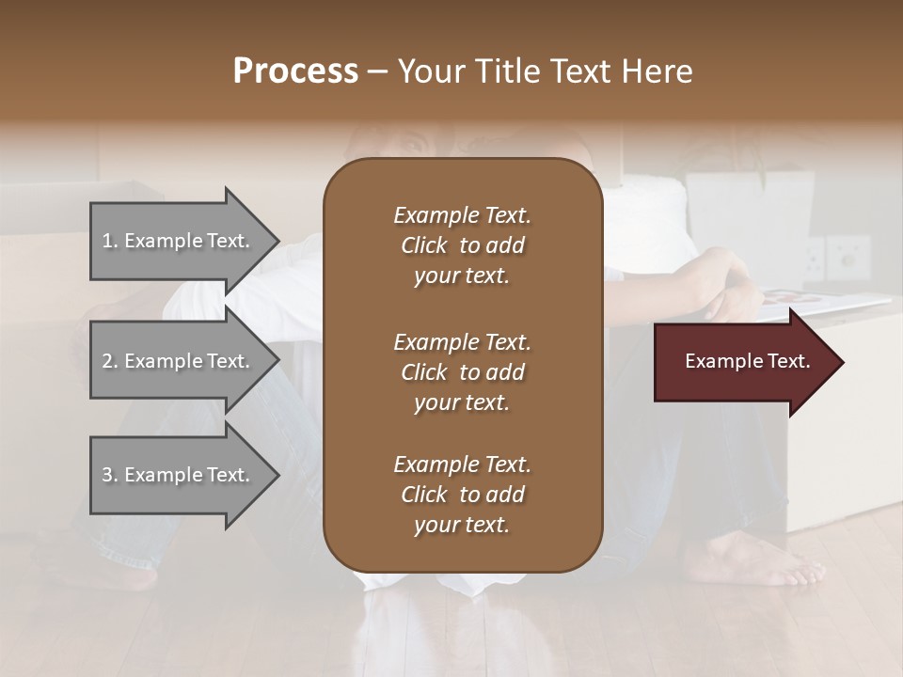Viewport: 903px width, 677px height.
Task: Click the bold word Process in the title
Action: pos(295,71)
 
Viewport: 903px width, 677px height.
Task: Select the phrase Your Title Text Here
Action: pos(546,71)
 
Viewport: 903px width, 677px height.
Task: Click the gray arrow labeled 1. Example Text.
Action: pos(179,241)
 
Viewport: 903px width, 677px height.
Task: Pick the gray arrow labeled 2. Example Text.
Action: pos(179,361)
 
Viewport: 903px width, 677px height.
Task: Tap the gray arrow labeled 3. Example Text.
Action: pos(179,475)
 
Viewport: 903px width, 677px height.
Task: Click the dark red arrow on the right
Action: pos(743,362)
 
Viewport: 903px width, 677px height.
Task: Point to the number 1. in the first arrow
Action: pos(110,241)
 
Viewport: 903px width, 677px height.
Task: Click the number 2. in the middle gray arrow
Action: pos(110,361)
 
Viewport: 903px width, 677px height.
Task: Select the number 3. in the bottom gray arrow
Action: pos(110,475)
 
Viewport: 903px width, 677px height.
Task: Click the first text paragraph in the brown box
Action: pos(462,245)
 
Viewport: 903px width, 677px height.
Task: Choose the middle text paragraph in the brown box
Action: pos(462,372)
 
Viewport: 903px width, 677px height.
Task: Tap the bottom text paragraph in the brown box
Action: pos(462,495)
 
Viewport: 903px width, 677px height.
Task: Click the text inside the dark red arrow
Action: pos(748,361)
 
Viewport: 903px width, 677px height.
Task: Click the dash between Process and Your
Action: pos(377,72)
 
